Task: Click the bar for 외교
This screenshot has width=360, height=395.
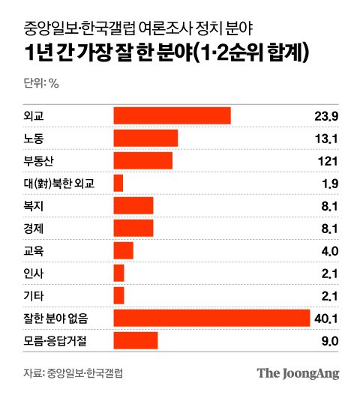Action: (172, 115)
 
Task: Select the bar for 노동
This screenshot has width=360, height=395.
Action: (145, 138)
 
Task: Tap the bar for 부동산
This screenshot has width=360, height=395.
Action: (143, 160)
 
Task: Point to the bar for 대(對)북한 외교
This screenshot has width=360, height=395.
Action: (118, 183)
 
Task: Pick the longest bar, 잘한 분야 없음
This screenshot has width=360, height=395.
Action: (211, 318)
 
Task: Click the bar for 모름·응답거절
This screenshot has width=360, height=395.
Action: (136, 340)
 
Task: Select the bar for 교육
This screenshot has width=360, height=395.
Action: (123, 250)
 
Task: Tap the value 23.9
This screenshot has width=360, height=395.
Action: (326, 116)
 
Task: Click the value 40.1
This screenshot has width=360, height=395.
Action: (326, 319)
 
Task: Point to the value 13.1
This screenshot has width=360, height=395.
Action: (326, 139)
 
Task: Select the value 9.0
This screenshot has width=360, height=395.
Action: (330, 341)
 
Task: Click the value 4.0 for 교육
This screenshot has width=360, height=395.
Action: (330, 251)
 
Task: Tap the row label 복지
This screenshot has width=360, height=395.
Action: (34, 206)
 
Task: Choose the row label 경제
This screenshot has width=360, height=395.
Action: (34, 229)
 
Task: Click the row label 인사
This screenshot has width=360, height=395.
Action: (34, 273)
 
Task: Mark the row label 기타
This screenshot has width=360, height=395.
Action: (34, 295)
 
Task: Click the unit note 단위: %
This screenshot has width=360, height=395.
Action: (41, 82)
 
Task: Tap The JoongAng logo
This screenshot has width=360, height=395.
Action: (298, 373)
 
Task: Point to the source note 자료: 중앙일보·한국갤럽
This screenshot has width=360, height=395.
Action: (73, 373)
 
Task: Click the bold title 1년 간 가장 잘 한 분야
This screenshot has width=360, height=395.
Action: (109, 53)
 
